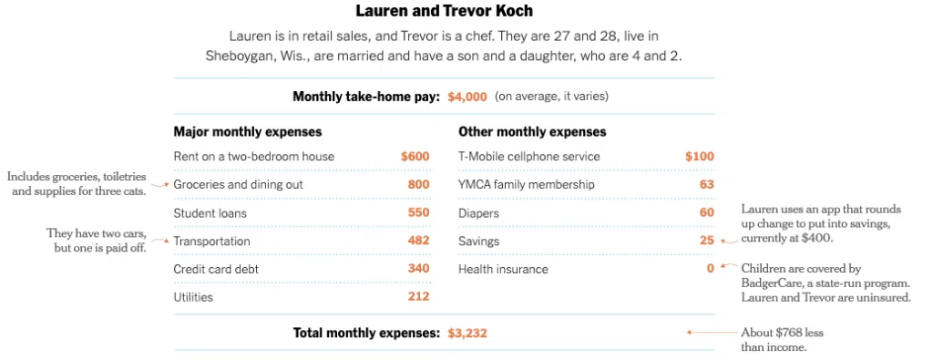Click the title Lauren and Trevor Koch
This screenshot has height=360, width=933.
445,11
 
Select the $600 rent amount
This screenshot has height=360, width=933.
415,157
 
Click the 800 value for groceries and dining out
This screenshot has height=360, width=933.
418,184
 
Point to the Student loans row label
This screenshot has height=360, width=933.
210,213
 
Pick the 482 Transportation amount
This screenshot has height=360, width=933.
418,241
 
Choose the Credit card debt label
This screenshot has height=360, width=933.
216,269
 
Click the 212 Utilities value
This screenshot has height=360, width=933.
418,295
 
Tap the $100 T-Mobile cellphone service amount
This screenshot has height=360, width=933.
699,157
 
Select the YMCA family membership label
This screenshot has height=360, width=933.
526,184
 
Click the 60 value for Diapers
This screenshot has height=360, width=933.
707,213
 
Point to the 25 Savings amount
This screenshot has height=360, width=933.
707,241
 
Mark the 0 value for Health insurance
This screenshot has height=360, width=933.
710,269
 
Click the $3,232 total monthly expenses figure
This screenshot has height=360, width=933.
467,334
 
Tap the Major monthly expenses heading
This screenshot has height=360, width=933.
248,132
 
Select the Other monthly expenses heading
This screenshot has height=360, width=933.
532,132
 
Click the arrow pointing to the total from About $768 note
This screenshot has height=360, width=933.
712,333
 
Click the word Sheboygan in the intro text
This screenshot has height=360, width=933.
237,57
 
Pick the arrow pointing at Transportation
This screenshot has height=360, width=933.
160,241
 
